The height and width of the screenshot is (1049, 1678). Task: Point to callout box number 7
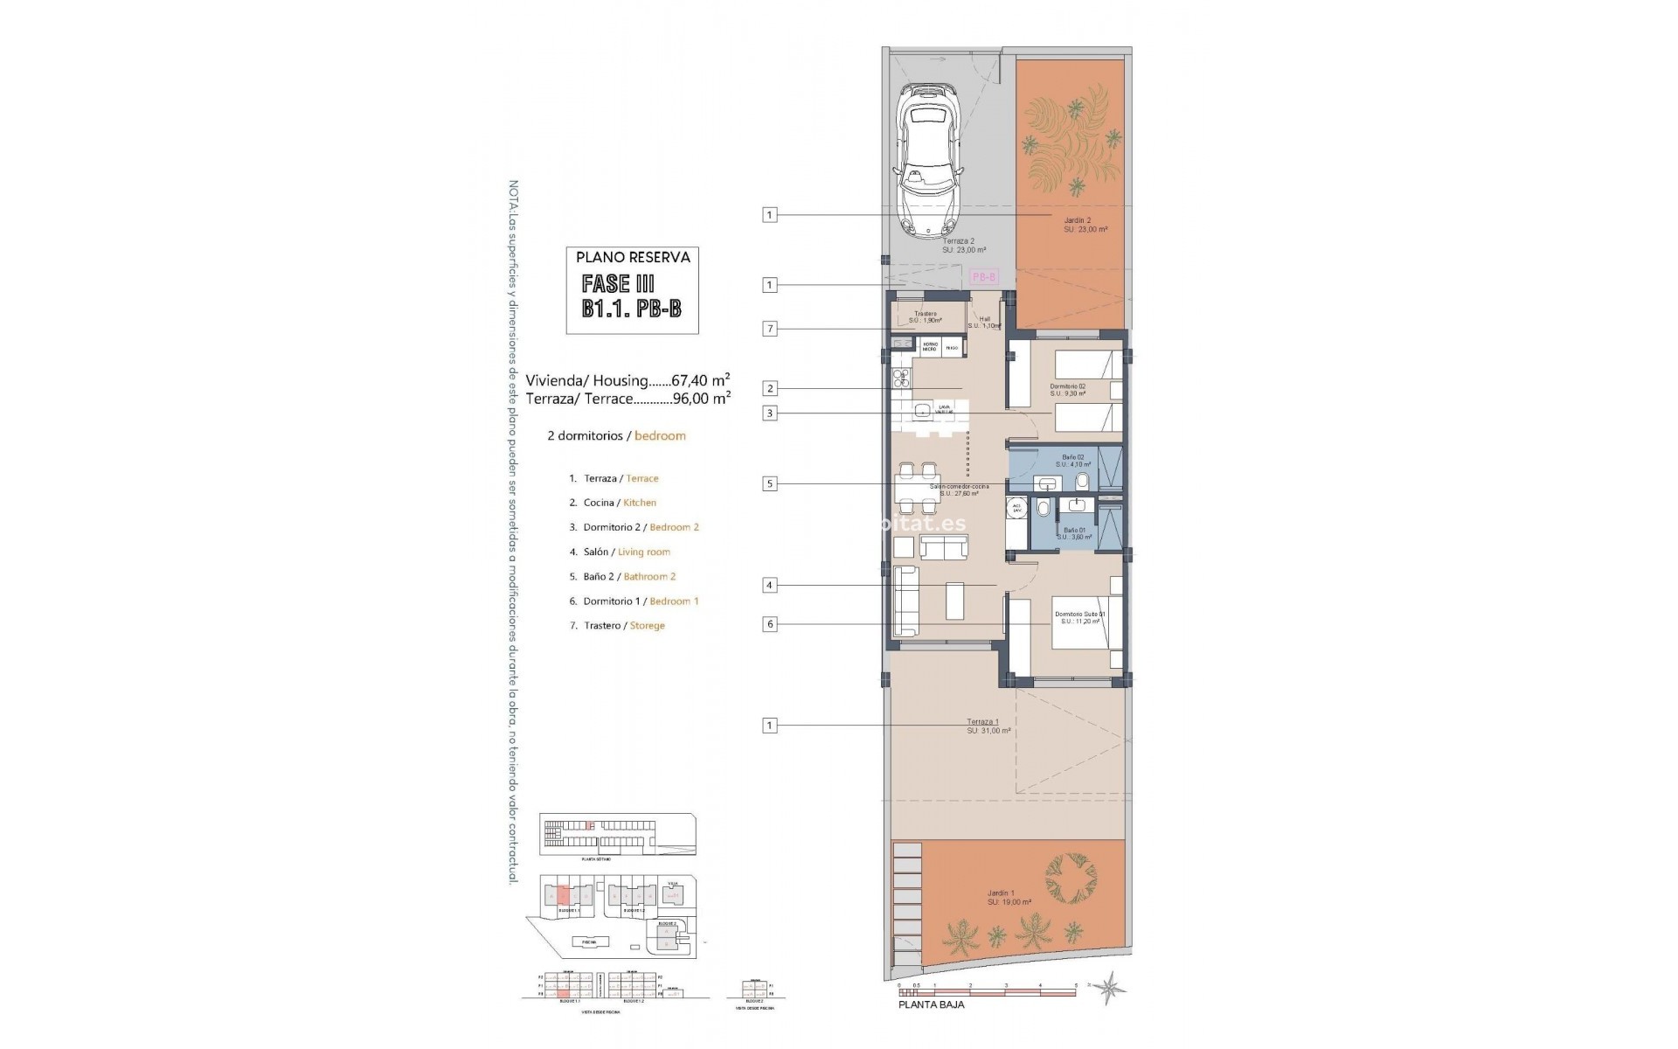[x=769, y=329]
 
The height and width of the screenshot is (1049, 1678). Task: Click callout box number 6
[x=769, y=624]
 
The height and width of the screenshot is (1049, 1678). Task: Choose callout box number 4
[x=769, y=585]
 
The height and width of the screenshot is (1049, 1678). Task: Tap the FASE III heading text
[x=618, y=283]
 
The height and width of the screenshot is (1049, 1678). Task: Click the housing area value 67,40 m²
[x=700, y=380]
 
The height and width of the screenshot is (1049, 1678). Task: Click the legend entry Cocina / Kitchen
[x=620, y=503]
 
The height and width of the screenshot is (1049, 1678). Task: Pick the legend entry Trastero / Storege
[x=624, y=626]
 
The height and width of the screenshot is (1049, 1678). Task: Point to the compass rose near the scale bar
[x=1111, y=989]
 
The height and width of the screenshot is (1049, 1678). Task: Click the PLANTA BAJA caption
[x=932, y=1005]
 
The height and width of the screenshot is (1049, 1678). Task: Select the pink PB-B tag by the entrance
[x=983, y=276]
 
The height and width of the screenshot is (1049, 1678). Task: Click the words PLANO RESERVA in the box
[x=633, y=257]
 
